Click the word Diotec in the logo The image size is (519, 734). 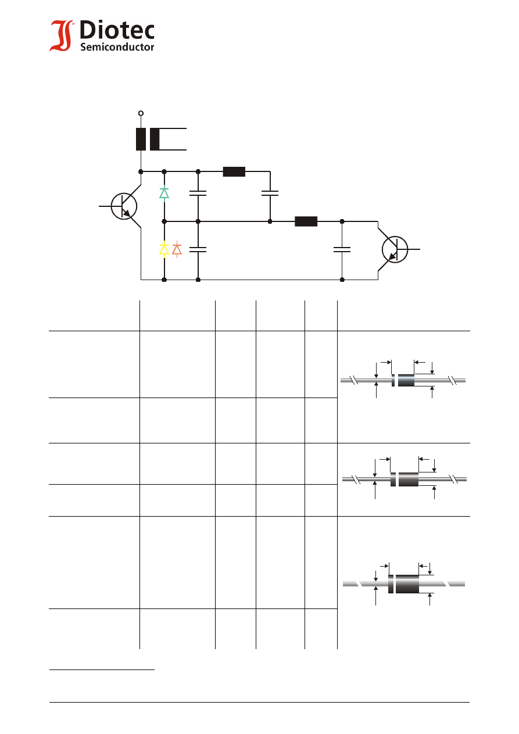(x=117, y=30)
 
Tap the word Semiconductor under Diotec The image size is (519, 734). (x=117, y=47)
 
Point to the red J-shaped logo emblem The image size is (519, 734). (x=61, y=35)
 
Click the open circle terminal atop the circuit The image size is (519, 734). (x=141, y=113)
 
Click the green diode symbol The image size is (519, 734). (x=164, y=194)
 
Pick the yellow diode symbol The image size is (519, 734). (x=164, y=250)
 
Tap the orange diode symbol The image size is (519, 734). (x=177, y=250)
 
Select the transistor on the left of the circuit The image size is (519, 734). (x=124, y=206)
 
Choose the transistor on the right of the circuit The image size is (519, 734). (x=395, y=249)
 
